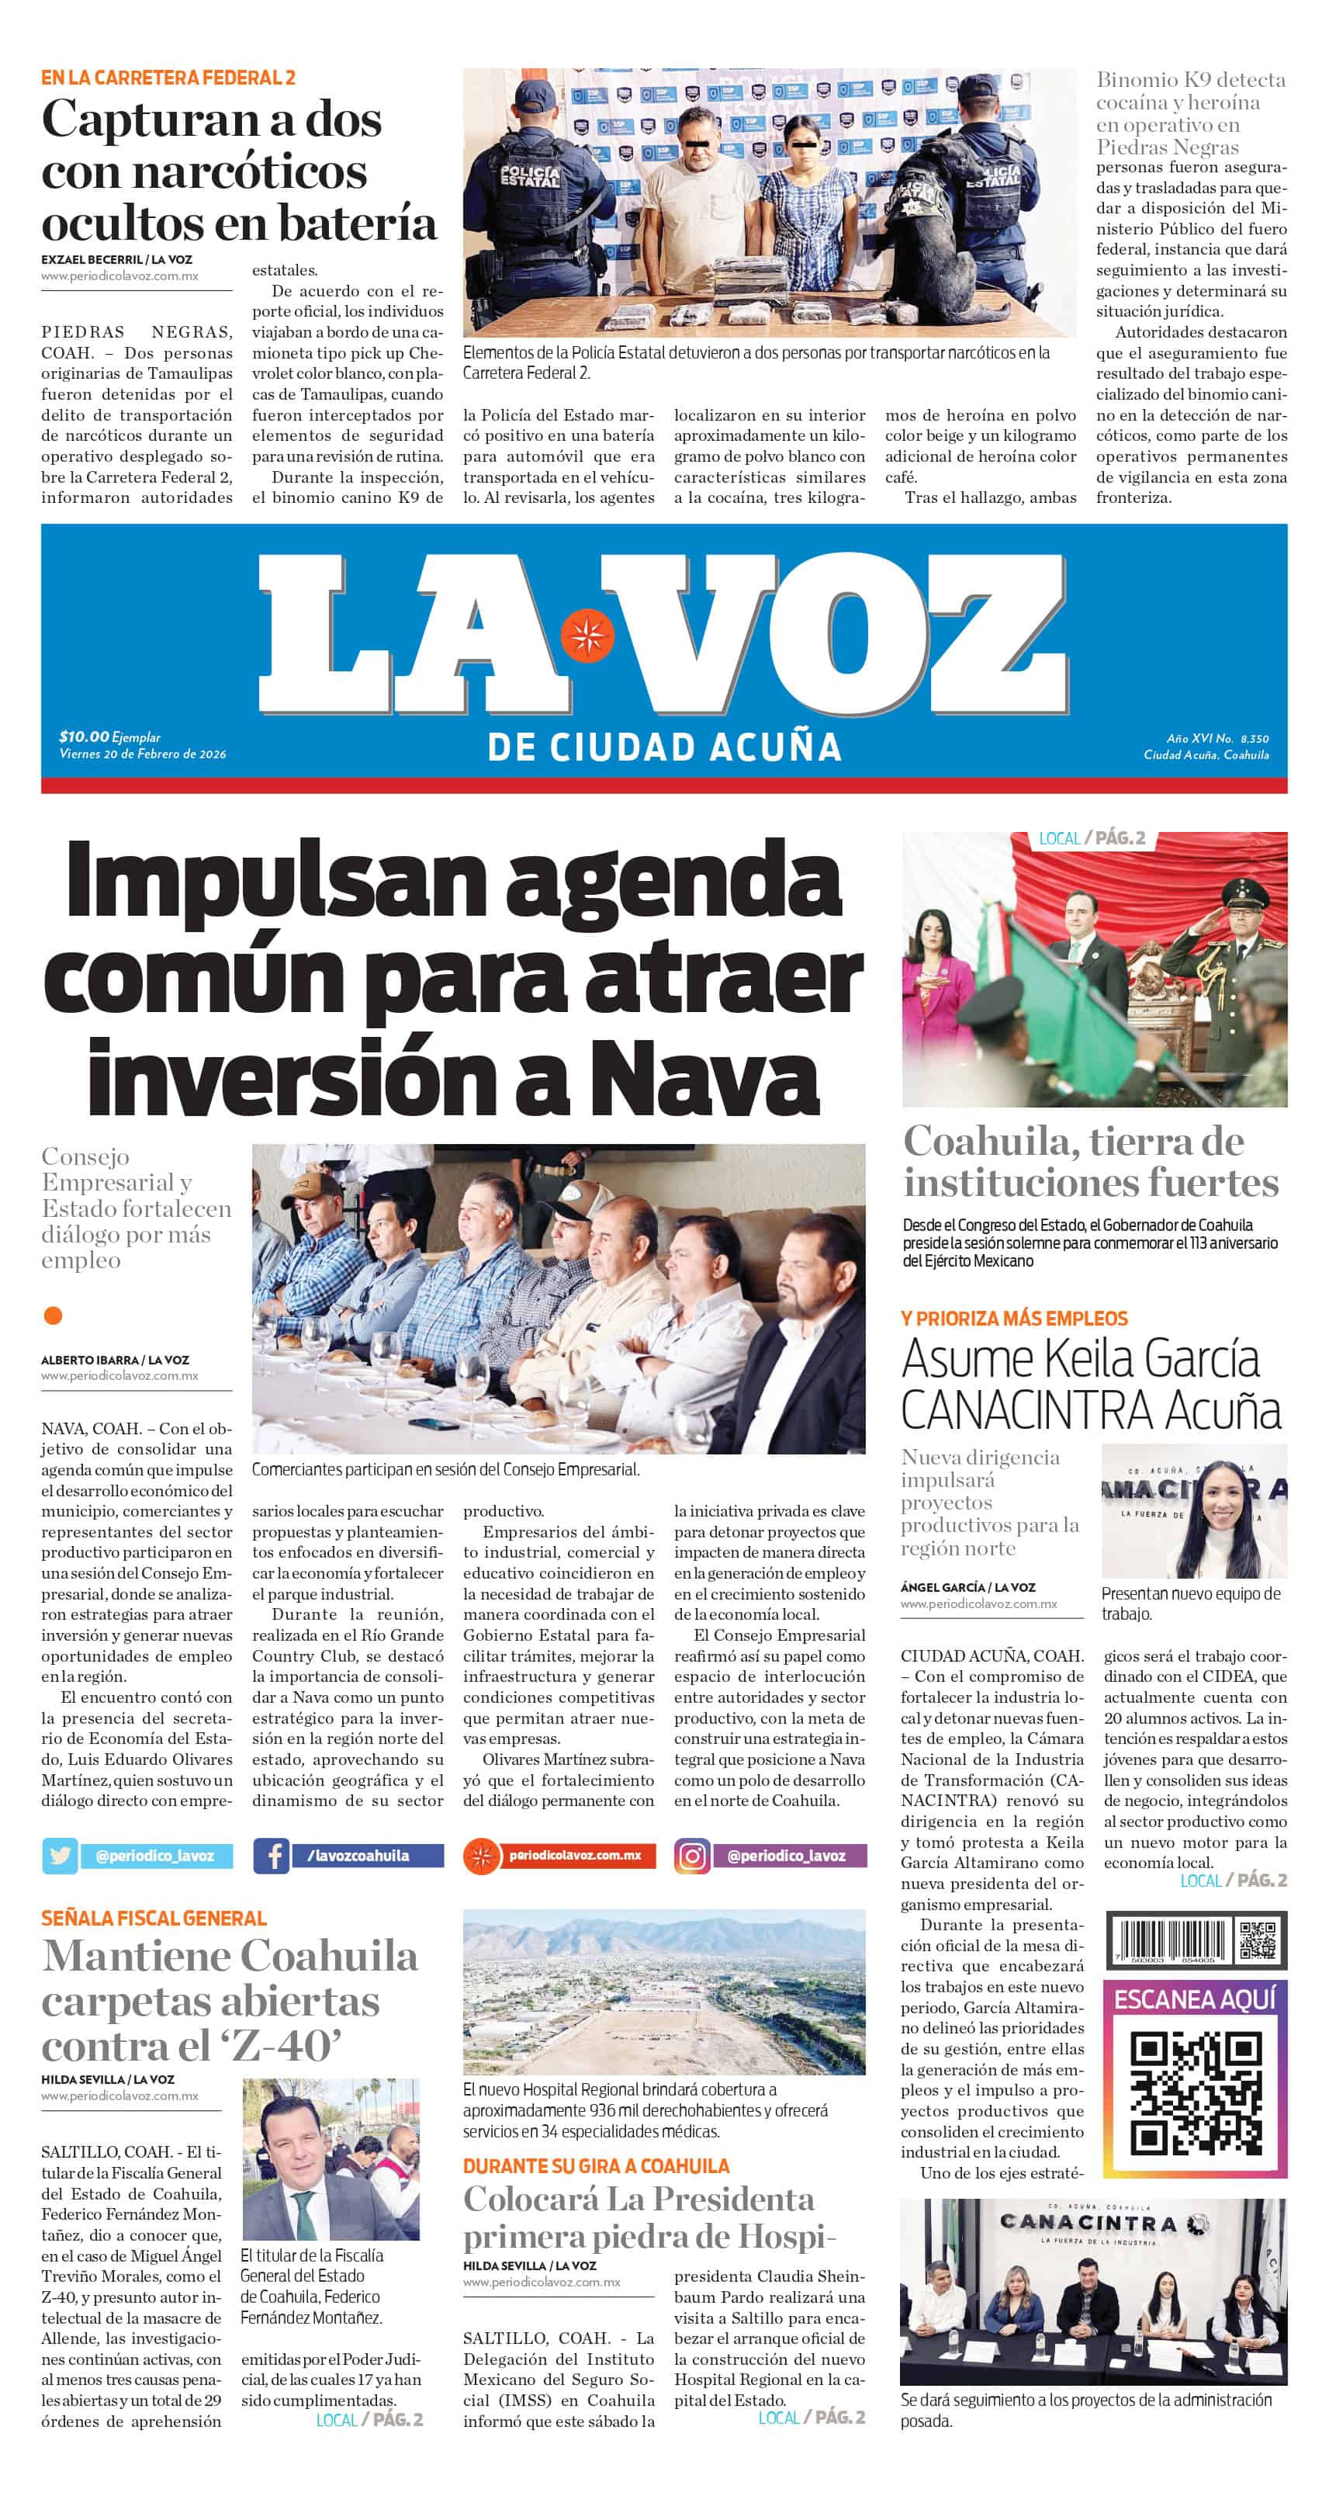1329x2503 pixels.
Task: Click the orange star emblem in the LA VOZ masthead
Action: pyautogui.click(x=586, y=635)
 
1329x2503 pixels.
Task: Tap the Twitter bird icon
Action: pyautogui.click(x=59, y=1855)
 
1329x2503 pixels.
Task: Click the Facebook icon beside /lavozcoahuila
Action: pyautogui.click(x=271, y=1855)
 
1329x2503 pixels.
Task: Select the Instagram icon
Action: pyautogui.click(x=692, y=1856)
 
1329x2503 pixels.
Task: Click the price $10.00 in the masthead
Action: pyautogui.click(x=84, y=737)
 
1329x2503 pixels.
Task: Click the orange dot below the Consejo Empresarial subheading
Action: pyautogui.click(x=54, y=1316)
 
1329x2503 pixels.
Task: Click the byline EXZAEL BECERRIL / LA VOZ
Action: pyautogui.click(x=116, y=259)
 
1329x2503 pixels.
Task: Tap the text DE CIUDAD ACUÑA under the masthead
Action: pyautogui.click(x=664, y=747)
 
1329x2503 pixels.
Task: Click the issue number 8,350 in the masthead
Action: pyautogui.click(x=1255, y=738)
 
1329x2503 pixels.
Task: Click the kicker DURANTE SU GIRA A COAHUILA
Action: pyautogui.click(x=596, y=2166)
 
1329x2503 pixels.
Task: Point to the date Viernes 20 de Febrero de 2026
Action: pyautogui.click(x=143, y=754)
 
